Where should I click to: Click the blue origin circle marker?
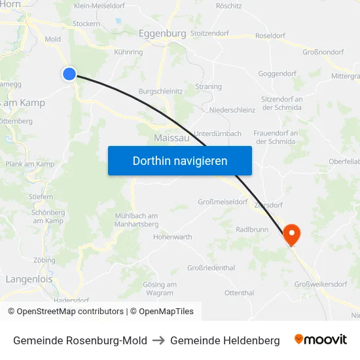coord(69,74)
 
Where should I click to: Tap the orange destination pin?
coord(291,234)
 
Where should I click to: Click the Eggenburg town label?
coord(162,33)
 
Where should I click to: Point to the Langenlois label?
coord(29,279)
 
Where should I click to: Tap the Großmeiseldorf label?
coord(224,202)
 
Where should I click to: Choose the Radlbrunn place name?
coord(253,230)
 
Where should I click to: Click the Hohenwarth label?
coord(172,237)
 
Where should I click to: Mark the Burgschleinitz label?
coord(160,92)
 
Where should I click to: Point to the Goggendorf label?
coord(278,75)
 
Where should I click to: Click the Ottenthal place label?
coord(239,293)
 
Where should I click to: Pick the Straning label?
coord(208,86)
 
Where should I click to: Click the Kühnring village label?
coord(128,52)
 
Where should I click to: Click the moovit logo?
coord(320,340)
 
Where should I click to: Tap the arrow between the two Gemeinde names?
coord(158,340)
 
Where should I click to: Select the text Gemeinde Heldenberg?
coord(225,340)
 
